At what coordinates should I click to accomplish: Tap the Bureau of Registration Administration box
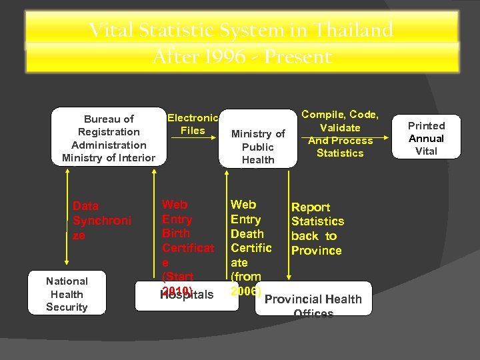(x=108, y=138)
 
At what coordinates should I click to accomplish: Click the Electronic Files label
(x=193, y=124)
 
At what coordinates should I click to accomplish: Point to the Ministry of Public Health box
(x=258, y=147)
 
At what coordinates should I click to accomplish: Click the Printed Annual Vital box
(x=426, y=138)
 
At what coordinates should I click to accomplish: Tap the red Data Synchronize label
(x=102, y=221)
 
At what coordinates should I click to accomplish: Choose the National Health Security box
(x=67, y=294)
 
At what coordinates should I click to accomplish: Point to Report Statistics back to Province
(x=317, y=229)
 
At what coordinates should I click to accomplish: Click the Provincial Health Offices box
(x=313, y=300)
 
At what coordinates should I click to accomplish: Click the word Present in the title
(x=297, y=57)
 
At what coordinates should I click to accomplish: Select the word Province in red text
(x=316, y=251)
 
